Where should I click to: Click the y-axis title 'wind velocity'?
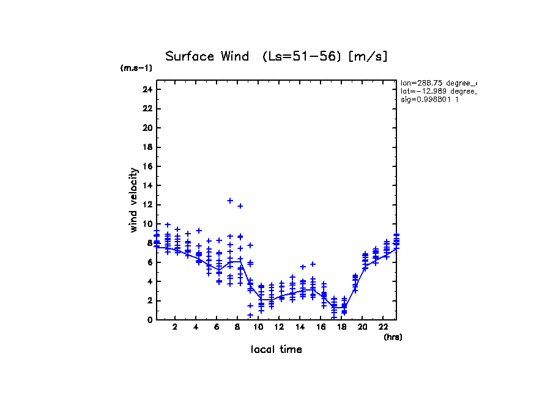click(x=133, y=199)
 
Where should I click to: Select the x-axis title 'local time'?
click(x=276, y=350)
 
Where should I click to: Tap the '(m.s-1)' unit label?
click(x=136, y=69)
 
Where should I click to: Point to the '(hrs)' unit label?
click(x=393, y=337)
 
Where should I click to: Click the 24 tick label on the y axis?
click(x=147, y=89)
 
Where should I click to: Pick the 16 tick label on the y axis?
click(x=147, y=166)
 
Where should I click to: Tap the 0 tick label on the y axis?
click(x=149, y=319)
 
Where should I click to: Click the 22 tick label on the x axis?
click(x=383, y=327)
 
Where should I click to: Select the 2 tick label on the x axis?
click(x=176, y=327)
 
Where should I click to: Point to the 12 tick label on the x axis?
click(x=279, y=327)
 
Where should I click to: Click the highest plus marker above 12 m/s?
click(x=230, y=201)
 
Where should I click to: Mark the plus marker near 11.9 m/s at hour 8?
click(x=240, y=206)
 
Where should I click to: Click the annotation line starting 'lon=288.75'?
click(x=438, y=83)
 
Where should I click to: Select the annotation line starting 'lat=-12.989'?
click(x=438, y=91)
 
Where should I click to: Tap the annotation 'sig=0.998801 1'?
click(x=429, y=99)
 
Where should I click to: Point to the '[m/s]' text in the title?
click(x=368, y=57)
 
